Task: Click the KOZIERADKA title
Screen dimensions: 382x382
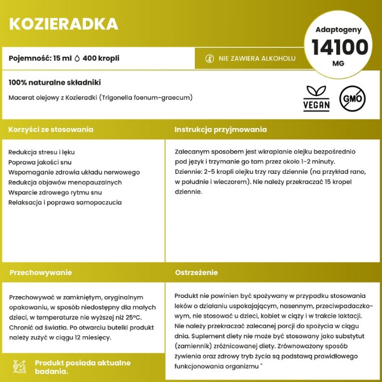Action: (x=64, y=24)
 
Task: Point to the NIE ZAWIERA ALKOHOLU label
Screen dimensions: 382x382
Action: (x=257, y=58)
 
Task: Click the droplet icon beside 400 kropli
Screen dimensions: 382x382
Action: (x=78, y=58)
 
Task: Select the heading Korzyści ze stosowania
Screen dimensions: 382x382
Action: (x=51, y=129)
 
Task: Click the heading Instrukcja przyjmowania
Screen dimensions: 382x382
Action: (x=220, y=129)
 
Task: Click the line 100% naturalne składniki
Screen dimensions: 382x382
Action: (x=55, y=83)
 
